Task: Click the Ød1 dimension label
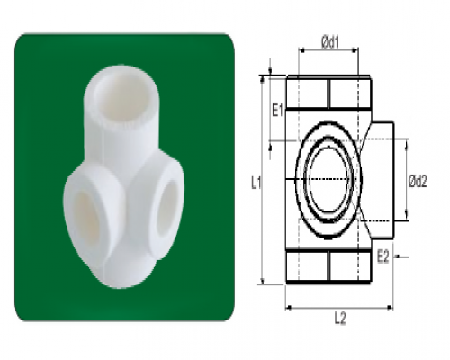coord(330,42)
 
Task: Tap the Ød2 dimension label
coord(418,181)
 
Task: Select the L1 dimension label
coord(256,183)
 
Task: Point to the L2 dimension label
coord(340,319)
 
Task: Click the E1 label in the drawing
coord(277,111)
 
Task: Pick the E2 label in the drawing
coord(382,257)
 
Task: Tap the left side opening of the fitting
coord(86,217)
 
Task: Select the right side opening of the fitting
coord(167,207)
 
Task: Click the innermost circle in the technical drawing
coord(328,180)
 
